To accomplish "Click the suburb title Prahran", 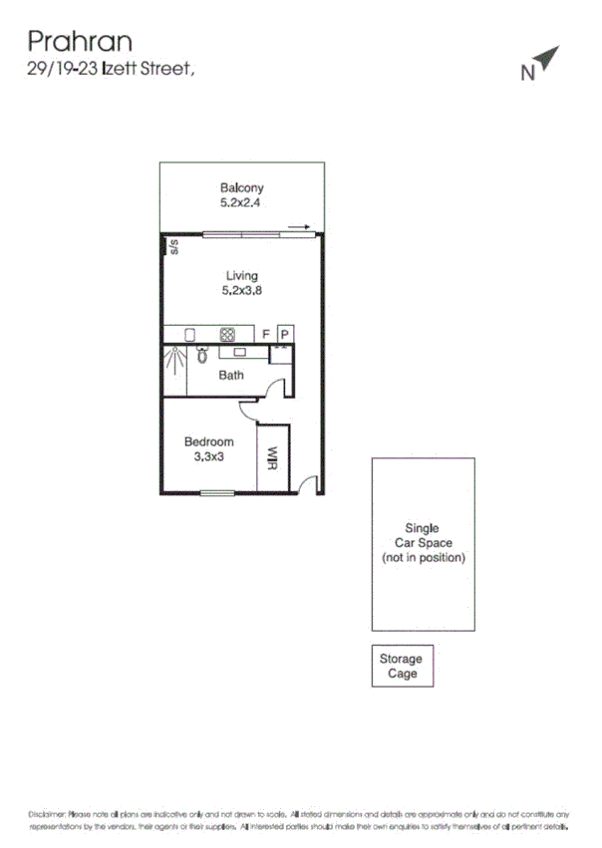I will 80,41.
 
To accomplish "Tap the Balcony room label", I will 242,187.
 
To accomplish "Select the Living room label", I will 241,276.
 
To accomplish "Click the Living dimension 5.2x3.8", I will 241,291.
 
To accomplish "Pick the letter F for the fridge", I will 266,335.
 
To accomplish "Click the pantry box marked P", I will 284,335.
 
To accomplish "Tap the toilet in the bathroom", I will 202,354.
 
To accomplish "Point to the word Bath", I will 231,376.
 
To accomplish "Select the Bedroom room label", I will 209,441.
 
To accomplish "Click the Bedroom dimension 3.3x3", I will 209,456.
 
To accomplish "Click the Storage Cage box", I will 402,666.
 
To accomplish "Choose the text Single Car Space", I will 422,536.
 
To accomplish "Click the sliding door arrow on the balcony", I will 299,227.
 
